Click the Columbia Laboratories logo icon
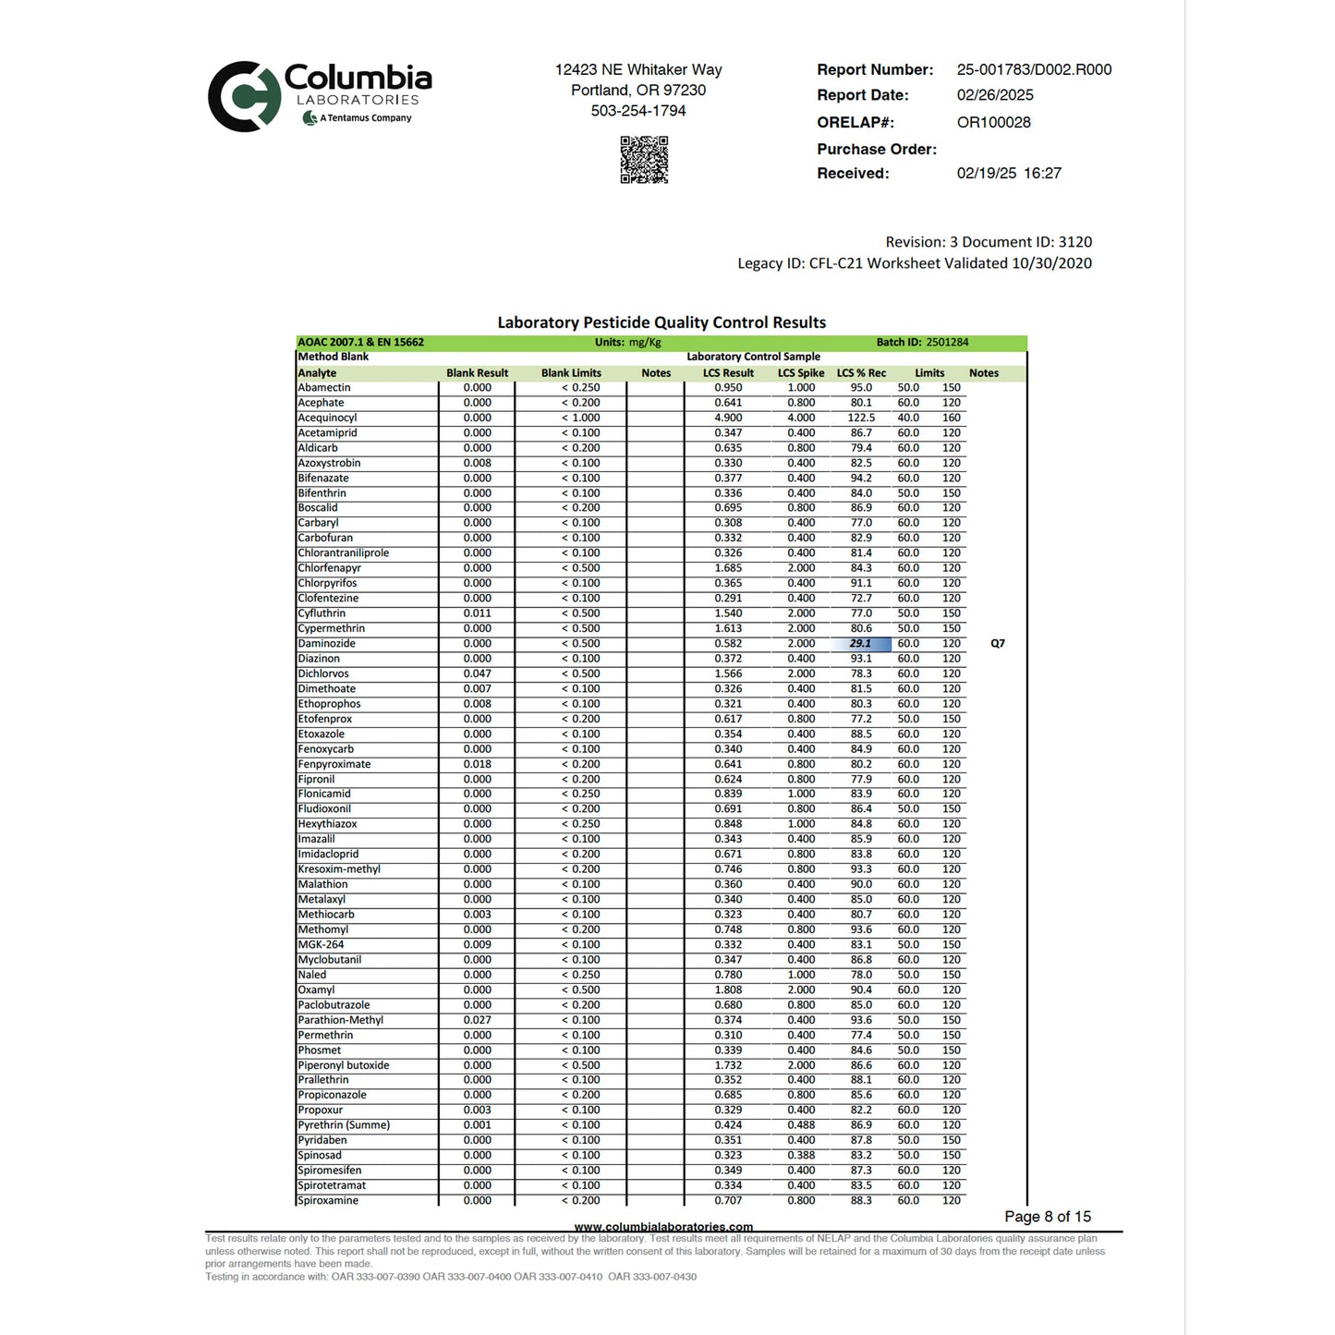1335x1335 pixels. click(x=243, y=96)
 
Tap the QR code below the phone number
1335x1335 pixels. click(x=643, y=160)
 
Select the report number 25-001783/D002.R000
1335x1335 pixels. click(x=1034, y=69)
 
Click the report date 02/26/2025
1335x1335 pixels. click(x=995, y=95)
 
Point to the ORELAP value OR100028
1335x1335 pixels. click(x=993, y=122)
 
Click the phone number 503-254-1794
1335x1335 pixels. click(x=638, y=111)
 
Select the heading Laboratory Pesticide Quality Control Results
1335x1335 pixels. click(x=661, y=322)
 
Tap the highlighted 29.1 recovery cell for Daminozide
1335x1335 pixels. click(x=861, y=644)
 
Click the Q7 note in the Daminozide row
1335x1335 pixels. click(x=997, y=644)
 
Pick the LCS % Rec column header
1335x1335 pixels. click(x=861, y=373)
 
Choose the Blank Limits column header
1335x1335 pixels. click(x=571, y=373)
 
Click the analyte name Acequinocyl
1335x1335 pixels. click(x=327, y=418)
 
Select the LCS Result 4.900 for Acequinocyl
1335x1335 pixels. click(x=728, y=418)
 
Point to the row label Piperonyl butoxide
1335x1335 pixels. click(x=344, y=1065)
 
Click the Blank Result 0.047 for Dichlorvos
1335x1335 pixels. click(x=477, y=674)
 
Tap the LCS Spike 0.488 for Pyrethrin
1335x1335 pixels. click(x=800, y=1125)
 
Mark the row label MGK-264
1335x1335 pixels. click(x=321, y=944)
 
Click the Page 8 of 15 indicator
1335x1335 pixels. click(x=1048, y=1217)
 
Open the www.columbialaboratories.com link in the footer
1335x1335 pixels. click(x=663, y=1227)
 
